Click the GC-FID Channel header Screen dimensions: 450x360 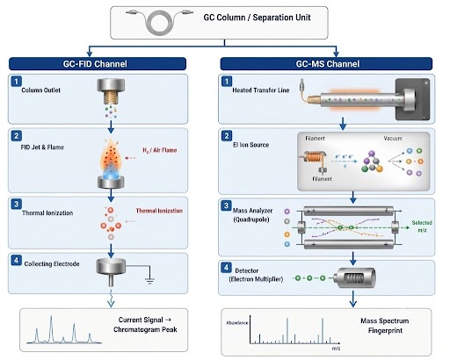(x=98, y=64)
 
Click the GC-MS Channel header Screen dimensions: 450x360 (x=326, y=64)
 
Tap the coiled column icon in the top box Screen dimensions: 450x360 (x=160, y=21)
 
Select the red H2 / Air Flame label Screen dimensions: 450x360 (x=160, y=150)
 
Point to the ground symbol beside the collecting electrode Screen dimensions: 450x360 (x=149, y=281)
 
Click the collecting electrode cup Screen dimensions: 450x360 (x=111, y=266)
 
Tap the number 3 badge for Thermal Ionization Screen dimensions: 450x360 (x=16, y=204)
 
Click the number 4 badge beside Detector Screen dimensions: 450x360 (x=226, y=267)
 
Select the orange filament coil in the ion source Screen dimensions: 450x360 (x=314, y=157)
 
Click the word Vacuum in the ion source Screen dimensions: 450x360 (x=393, y=138)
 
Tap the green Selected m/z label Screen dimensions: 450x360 (x=422, y=227)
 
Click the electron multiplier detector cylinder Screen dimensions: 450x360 (x=355, y=277)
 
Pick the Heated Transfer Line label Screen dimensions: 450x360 (x=261, y=90)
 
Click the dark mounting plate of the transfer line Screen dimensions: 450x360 (x=413, y=99)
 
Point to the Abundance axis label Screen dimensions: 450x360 (x=237, y=323)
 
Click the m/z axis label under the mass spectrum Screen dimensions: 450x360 (x=337, y=349)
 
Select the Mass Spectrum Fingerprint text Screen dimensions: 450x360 (x=385, y=326)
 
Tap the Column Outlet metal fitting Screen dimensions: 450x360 (x=111, y=90)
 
